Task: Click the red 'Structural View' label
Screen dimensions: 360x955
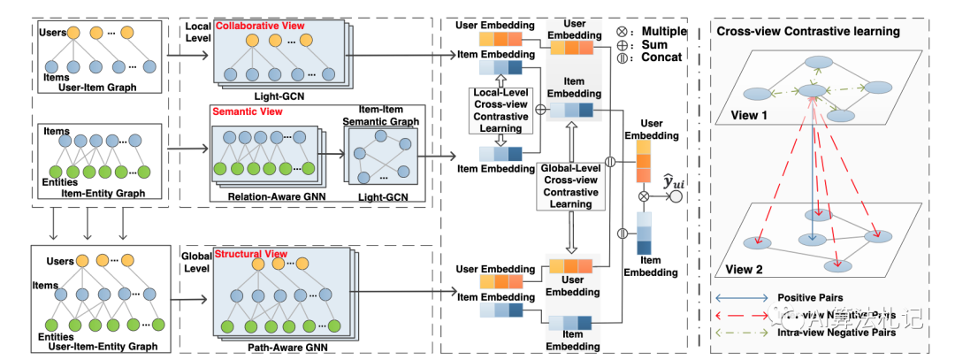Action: pos(251,254)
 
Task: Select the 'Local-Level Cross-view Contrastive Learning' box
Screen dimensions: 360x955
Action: pos(501,110)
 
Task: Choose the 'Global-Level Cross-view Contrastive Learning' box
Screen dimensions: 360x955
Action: pos(571,186)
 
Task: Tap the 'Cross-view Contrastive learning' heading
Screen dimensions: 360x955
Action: pos(808,32)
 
